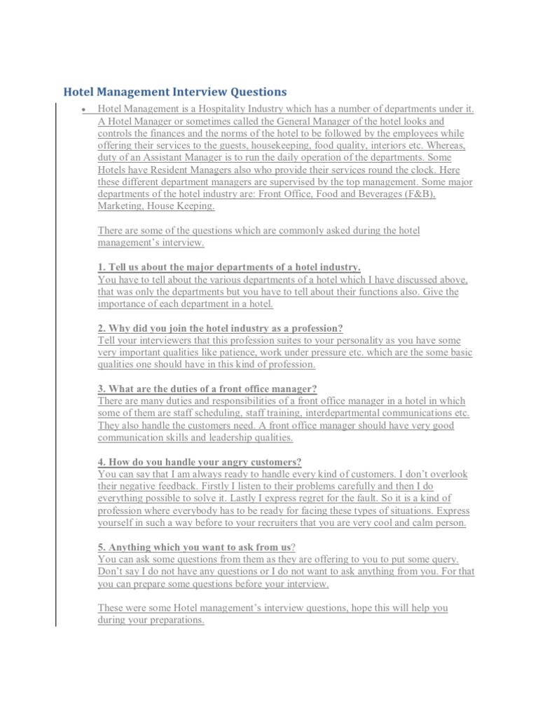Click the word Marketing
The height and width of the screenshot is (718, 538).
point(120,207)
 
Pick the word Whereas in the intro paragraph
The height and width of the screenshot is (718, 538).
point(444,145)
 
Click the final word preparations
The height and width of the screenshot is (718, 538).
point(172,621)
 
